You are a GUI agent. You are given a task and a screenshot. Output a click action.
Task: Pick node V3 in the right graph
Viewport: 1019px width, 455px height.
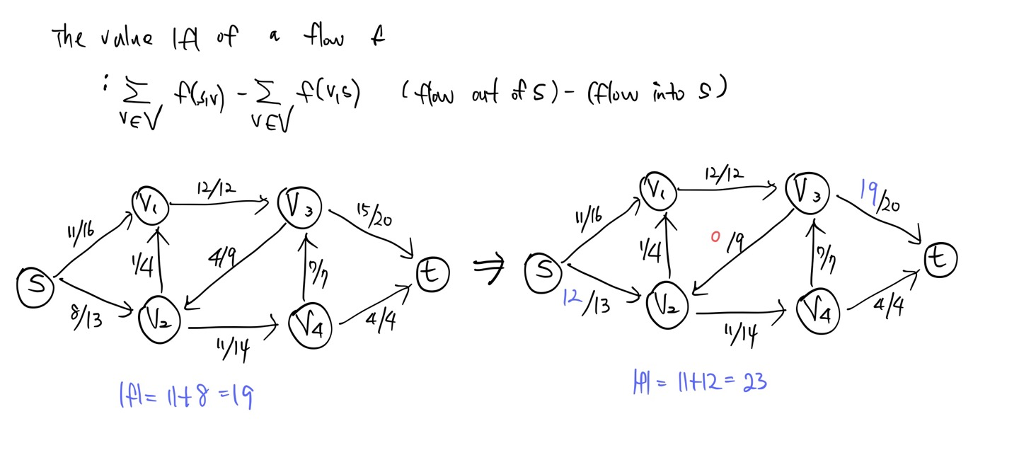[x=810, y=188]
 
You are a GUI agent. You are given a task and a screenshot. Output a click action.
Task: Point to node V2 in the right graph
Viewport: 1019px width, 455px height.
[x=669, y=306]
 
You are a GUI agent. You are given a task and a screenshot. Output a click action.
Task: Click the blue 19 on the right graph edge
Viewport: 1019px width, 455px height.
[x=869, y=190]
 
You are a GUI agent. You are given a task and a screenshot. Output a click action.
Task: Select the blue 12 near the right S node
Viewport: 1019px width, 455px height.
[x=573, y=298]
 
